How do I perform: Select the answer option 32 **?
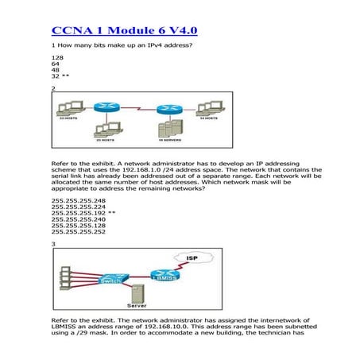point(61,78)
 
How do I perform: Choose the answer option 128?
point(56,59)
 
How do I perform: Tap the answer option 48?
point(55,72)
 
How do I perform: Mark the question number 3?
point(53,244)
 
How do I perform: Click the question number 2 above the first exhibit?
point(53,89)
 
